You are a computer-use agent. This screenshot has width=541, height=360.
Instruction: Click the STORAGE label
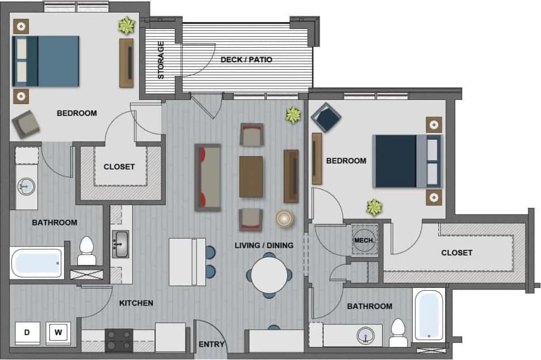click(x=161, y=60)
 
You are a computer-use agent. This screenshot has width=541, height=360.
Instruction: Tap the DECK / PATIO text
click(x=246, y=60)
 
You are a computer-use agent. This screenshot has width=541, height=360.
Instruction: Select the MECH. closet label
click(x=363, y=241)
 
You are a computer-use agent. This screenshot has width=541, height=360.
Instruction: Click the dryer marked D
click(x=27, y=333)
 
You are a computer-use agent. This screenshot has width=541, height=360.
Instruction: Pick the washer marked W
click(x=58, y=333)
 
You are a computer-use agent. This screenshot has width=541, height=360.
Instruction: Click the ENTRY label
click(x=212, y=344)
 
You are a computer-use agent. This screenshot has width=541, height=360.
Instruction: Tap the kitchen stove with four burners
click(x=119, y=340)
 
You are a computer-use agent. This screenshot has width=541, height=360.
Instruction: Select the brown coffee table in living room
click(x=251, y=177)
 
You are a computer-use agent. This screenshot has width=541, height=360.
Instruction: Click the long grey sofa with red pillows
click(x=208, y=178)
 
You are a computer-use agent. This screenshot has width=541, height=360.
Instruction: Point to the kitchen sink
click(x=120, y=244)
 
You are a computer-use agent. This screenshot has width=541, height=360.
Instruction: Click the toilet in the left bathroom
click(x=86, y=251)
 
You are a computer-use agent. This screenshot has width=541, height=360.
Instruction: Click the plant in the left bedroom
click(x=126, y=26)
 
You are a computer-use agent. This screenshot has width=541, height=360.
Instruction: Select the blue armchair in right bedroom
click(x=326, y=117)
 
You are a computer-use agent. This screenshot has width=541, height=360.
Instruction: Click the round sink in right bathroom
click(x=365, y=336)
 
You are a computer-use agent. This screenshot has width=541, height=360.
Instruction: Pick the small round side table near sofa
click(x=284, y=219)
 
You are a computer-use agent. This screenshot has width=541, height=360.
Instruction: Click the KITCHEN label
click(x=136, y=303)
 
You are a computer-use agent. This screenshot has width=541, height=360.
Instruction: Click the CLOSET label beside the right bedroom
click(x=456, y=253)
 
